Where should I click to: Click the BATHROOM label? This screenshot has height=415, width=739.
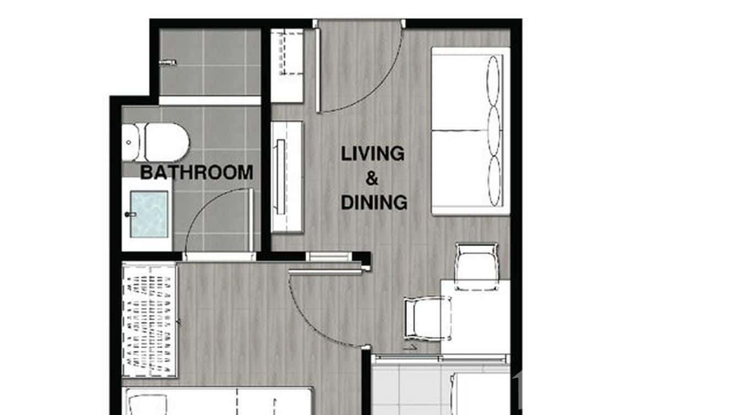click(197, 172)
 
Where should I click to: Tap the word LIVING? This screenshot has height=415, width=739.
click(373, 154)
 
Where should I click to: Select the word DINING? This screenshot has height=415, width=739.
click(374, 203)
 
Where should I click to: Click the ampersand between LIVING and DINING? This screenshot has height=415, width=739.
click(373, 178)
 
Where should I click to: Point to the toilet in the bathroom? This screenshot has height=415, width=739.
click(157, 142)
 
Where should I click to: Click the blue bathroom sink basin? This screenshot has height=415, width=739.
click(149, 214)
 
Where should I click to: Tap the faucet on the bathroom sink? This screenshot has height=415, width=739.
click(131, 214)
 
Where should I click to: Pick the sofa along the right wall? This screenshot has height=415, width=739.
click(469, 131)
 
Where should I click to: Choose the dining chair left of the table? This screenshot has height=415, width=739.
click(427, 318)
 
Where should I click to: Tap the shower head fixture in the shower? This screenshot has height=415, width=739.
click(167, 63)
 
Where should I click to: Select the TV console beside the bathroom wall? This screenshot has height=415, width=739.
click(287, 176)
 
